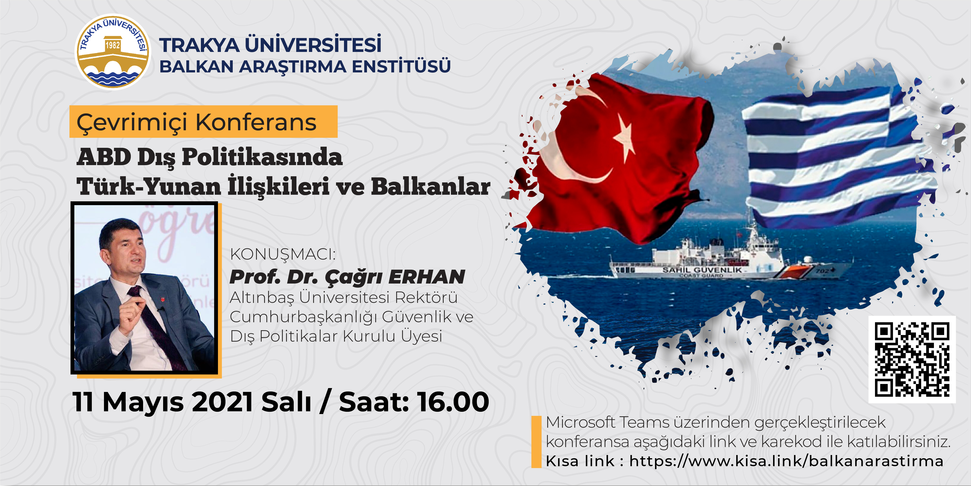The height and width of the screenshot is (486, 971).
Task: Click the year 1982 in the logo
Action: tap(112, 46)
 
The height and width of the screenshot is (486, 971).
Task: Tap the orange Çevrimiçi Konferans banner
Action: tap(204, 122)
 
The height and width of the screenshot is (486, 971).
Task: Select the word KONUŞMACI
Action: tap(283, 254)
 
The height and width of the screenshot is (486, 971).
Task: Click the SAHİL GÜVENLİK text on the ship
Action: tap(702, 270)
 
